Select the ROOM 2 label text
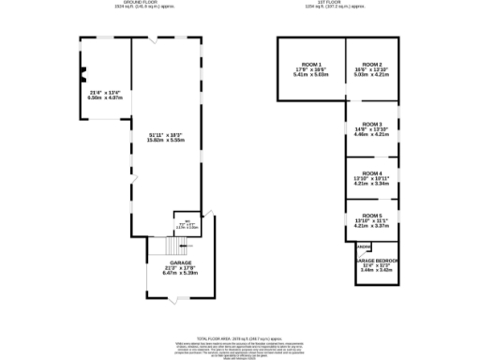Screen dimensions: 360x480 [x=372, y=64]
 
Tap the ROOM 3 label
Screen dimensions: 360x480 [x=372, y=124]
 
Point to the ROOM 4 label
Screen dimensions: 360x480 [x=372, y=173]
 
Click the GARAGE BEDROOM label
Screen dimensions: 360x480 [x=375, y=261]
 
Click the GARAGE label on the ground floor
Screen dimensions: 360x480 [x=182, y=262]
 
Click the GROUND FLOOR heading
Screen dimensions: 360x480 [x=167, y=4]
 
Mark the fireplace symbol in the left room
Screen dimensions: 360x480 [x=82, y=75]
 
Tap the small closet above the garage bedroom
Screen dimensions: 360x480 [x=362, y=247]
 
